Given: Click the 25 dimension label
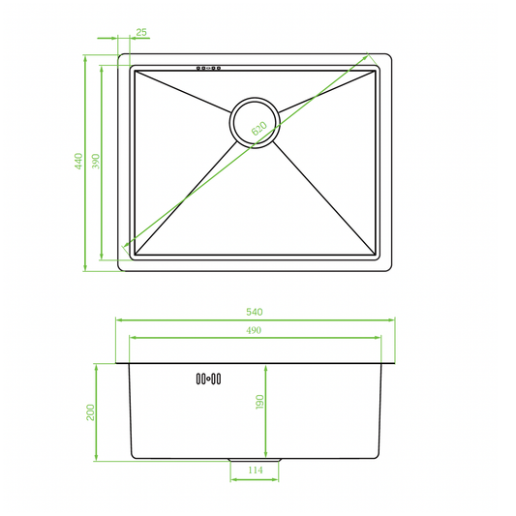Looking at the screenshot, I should [x=142, y=33].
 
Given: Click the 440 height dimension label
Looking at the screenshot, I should [x=77, y=162].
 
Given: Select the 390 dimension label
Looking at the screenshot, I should [x=94, y=162].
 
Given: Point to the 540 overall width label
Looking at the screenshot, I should [x=255, y=312].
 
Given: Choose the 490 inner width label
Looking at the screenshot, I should [x=255, y=330].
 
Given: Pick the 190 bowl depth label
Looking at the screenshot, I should [x=258, y=403].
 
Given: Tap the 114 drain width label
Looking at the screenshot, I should [x=255, y=471].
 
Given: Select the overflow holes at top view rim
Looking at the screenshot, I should [x=209, y=69].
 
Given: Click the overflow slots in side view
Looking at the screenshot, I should [x=209, y=378].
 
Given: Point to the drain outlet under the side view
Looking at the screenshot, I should [x=255, y=459].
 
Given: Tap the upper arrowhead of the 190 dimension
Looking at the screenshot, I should [x=266, y=368].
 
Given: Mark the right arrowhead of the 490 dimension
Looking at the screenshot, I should [x=376, y=338].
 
